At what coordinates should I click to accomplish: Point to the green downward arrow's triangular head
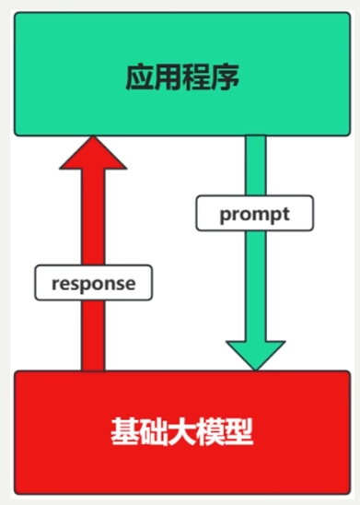coord(255,354)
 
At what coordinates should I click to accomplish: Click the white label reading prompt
coord(255,214)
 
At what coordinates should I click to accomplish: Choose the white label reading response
coord(93,283)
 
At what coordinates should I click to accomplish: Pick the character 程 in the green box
coord(197,77)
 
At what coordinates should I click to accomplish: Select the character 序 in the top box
coord(226,77)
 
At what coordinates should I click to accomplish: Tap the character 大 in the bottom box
coord(181,430)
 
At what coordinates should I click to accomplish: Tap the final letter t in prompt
coord(285,214)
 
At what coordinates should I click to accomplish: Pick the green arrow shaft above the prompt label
coord(255,166)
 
